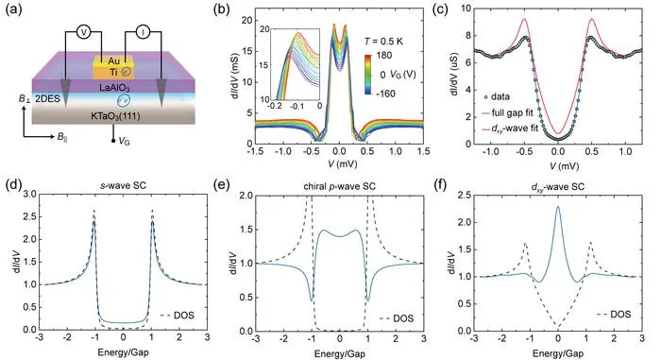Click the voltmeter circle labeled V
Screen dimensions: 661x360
coord(83,32)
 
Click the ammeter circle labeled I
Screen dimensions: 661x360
coord(143,32)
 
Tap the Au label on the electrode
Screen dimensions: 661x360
coord(113,61)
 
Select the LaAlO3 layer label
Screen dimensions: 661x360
coord(114,88)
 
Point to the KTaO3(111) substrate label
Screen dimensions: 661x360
coord(114,116)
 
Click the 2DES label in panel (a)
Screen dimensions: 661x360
coord(47,99)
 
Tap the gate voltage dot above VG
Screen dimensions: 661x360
coord(113,140)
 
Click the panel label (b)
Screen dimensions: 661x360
coord(221,9)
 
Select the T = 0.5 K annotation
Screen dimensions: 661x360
coord(383,42)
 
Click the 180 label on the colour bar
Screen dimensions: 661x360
coord(384,56)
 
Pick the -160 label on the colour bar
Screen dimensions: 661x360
coord(385,94)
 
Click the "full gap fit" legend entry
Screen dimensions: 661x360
coord(505,113)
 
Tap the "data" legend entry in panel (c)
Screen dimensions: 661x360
coord(497,96)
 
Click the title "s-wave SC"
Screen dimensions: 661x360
coord(124,185)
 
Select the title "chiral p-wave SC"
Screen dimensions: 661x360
coord(340,186)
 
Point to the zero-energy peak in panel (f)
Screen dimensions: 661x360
coord(558,206)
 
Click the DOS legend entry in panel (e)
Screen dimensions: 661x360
coord(397,318)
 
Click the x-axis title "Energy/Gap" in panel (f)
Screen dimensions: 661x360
coord(557,352)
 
